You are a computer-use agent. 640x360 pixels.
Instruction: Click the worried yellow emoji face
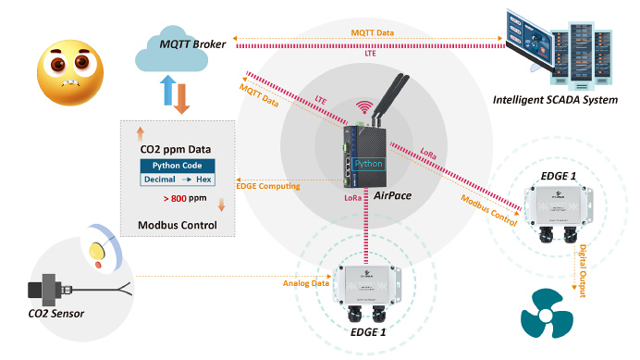point(70,72)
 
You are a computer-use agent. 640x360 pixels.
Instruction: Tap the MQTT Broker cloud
point(172,50)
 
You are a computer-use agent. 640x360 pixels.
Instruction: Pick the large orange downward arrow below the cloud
point(181,99)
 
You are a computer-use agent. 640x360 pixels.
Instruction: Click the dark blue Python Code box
point(178,166)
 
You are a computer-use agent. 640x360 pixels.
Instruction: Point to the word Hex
point(203,180)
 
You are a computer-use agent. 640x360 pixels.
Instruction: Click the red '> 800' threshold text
point(175,199)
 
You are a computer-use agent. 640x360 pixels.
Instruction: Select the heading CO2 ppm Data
point(176,149)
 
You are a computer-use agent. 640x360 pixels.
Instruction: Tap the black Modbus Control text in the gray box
point(178,225)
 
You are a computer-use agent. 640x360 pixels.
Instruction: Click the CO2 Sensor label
point(56,314)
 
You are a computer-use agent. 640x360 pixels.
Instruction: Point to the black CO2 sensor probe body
point(43,290)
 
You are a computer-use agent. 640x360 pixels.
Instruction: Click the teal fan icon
point(547,314)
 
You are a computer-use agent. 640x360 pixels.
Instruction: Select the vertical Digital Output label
point(583,270)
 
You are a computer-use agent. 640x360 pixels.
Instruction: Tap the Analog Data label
point(306,283)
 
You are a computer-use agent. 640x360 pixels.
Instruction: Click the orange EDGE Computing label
point(268,186)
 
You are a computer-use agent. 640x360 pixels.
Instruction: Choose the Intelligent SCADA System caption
point(555,100)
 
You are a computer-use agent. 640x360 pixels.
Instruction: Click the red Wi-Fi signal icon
point(364,106)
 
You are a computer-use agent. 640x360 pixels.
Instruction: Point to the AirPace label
point(393,195)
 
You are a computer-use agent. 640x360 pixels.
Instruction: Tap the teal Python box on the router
point(369,164)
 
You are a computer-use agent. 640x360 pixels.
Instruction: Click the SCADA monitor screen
point(530,40)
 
